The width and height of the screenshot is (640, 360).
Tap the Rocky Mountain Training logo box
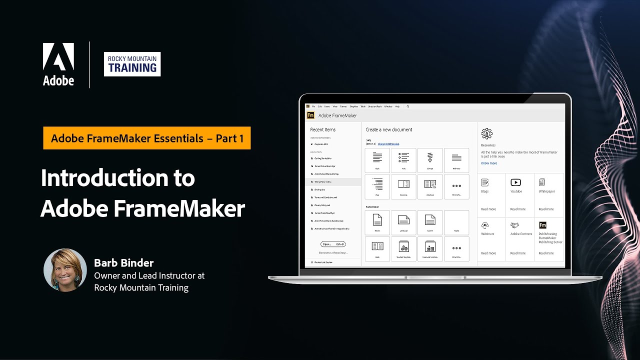tap(132, 64)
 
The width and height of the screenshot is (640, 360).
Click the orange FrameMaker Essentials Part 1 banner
tap(147, 138)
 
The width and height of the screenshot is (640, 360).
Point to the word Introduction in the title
tap(118, 178)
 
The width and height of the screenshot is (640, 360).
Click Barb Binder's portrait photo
tap(65, 270)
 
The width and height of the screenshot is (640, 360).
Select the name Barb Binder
tap(124, 263)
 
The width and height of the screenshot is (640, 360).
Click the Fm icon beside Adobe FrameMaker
tap(310, 115)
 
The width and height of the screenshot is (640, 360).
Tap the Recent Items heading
tap(323, 129)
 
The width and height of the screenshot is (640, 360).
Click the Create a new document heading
tap(389, 129)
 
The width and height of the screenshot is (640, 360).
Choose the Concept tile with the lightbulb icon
tap(430, 159)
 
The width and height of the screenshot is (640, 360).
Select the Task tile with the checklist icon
tap(403, 159)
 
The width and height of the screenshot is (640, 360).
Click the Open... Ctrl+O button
tap(333, 244)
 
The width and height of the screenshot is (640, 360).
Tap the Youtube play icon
tap(515, 182)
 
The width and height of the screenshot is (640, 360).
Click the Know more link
tap(489, 163)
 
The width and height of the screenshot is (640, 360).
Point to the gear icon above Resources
tap(486, 133)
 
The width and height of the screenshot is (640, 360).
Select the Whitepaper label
tap(546, 191)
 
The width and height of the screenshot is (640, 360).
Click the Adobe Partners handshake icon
tap(515, 225)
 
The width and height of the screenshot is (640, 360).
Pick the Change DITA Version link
tap(389, 144)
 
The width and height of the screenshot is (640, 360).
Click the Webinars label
tap(487, 234)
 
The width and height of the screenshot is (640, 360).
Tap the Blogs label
tap(485, 191)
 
